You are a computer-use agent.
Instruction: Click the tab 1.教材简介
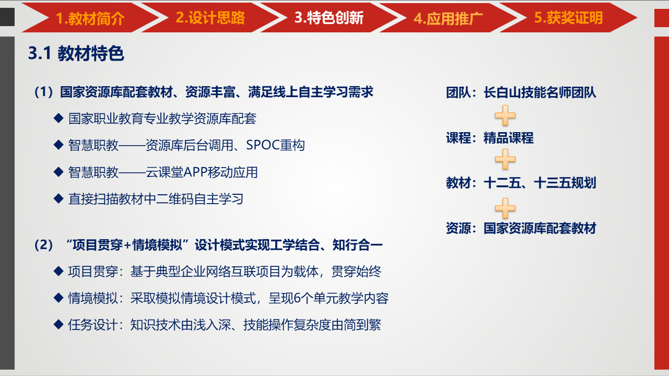click(90, 18)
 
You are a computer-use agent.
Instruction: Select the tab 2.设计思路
click(210, 18)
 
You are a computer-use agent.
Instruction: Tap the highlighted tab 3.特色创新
click(329, 18)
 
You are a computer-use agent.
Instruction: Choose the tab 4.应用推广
click(448, 18)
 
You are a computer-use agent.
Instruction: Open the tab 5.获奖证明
click(568, 18)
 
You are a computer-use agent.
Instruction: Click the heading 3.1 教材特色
click(76, 53)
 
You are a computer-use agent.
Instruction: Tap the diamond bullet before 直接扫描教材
click(58, 198)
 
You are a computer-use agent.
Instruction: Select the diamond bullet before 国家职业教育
click(58, 118)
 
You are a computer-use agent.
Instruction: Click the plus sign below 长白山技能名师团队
click(505, 115)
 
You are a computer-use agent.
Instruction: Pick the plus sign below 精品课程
click(505, 159)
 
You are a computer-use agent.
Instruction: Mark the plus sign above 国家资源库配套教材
click(505, 208)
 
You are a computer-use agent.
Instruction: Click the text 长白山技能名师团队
click(539, 92)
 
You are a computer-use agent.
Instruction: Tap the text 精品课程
click(508, 138)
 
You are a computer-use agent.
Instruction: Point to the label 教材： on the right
click(461, 183)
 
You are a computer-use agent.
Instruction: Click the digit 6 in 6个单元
click(297, 298)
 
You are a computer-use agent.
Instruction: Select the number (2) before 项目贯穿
click(43, 245)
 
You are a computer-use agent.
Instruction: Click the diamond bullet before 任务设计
click(58, 324)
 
